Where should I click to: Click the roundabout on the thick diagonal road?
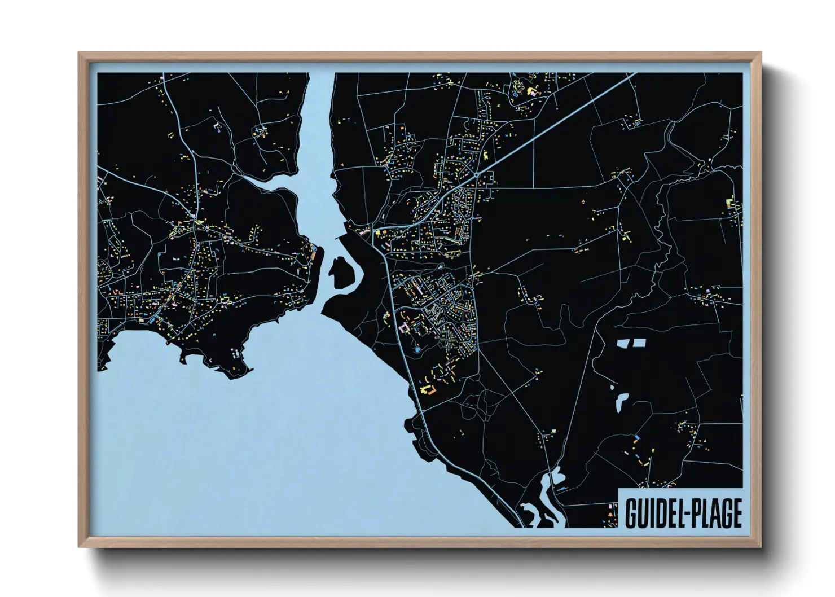[x=477, y=175]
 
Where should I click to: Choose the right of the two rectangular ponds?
[x=639, y=343]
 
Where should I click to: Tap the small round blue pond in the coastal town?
[x=417, y=350]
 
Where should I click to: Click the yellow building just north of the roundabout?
[x=484, y=154]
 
